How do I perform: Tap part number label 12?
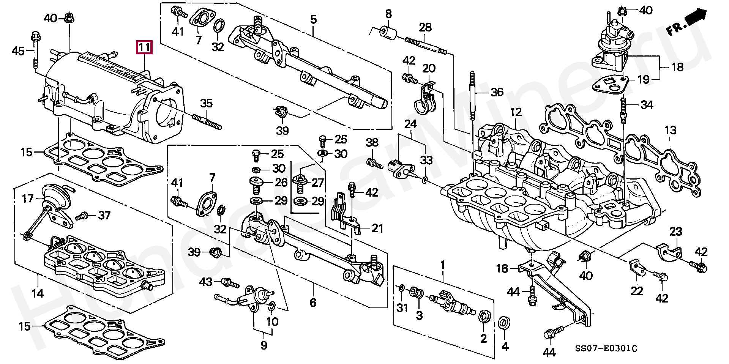pyautogui.click(x=516, y=112)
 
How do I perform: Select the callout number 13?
pyautogui.click(x=671, y=131)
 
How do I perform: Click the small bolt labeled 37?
pyautogui.click(x=82, y=217)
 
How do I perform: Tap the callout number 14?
pyautogui.click(x=38, y=293)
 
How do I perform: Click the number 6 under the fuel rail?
pyautogui.click(x=313, y=303)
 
